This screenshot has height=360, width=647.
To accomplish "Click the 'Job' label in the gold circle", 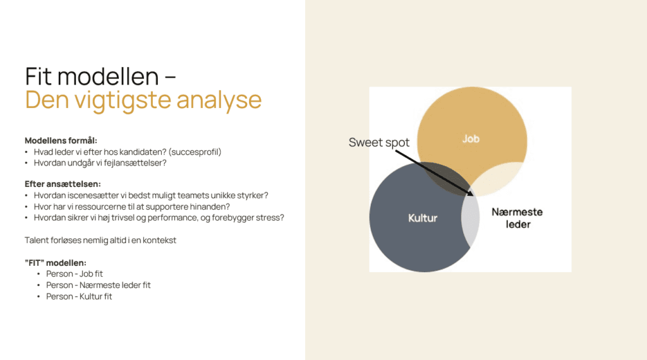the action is (x=471, y=139).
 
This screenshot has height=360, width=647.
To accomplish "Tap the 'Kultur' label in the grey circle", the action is (x=423, y=218).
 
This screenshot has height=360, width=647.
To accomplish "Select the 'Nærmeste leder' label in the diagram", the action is (x=517, y=218).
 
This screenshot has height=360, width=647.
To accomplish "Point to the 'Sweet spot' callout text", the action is (x=379, y=142).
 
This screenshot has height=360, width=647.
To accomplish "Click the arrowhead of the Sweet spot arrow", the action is (x=470, y=193).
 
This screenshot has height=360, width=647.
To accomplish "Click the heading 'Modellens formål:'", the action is (x=61, y=141).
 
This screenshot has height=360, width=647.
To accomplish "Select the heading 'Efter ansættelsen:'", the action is (x=63, y=184).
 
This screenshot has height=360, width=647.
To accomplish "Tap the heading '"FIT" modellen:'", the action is (x=56, y=263).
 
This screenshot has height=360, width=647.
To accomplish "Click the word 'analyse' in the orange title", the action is (x=219, y=100).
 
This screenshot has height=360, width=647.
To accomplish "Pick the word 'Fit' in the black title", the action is (x=39, y=76).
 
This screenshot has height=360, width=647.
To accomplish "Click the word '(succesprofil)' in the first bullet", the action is (x=195, y=152).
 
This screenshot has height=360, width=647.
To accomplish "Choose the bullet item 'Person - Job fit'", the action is (x=75, y=274).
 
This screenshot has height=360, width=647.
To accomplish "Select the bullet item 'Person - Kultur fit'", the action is (x=79, y=296).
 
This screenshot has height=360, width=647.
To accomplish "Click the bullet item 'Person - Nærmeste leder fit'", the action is (x=98, y=285).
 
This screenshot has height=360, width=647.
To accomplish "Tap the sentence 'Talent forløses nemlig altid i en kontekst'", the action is (x=100, y=241).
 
